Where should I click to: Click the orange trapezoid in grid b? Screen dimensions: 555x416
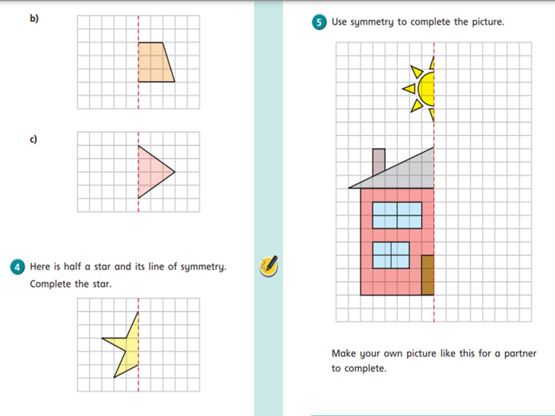pyautogui.click(x=154, y=62)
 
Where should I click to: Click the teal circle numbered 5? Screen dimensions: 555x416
pyautogui.click(x=319, y=23)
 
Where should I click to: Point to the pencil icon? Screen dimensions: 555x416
pyautogui.click(x=269, y=266)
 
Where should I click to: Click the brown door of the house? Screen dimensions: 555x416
pyautogui.click(x=428, y=275)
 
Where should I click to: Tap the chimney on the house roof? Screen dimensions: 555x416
pyautogui.click(x=379, y=161)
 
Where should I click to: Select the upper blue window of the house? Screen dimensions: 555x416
pyautogui.click(x=397, y=215)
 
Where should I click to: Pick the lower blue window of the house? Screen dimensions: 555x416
pyautogui.click(x=391, y=255)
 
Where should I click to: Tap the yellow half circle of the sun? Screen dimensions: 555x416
pyautogui.click(x=427, y=89)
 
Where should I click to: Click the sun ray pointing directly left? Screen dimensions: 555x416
pyautogui.click(x=409, y=88)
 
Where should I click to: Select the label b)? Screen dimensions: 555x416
pyautogui.click(x=34, y=18)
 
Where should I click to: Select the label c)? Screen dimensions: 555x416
pyautogui.click(x=34, y=139)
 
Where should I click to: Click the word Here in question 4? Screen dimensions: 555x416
pyautogui.click(x=40, y=266)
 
